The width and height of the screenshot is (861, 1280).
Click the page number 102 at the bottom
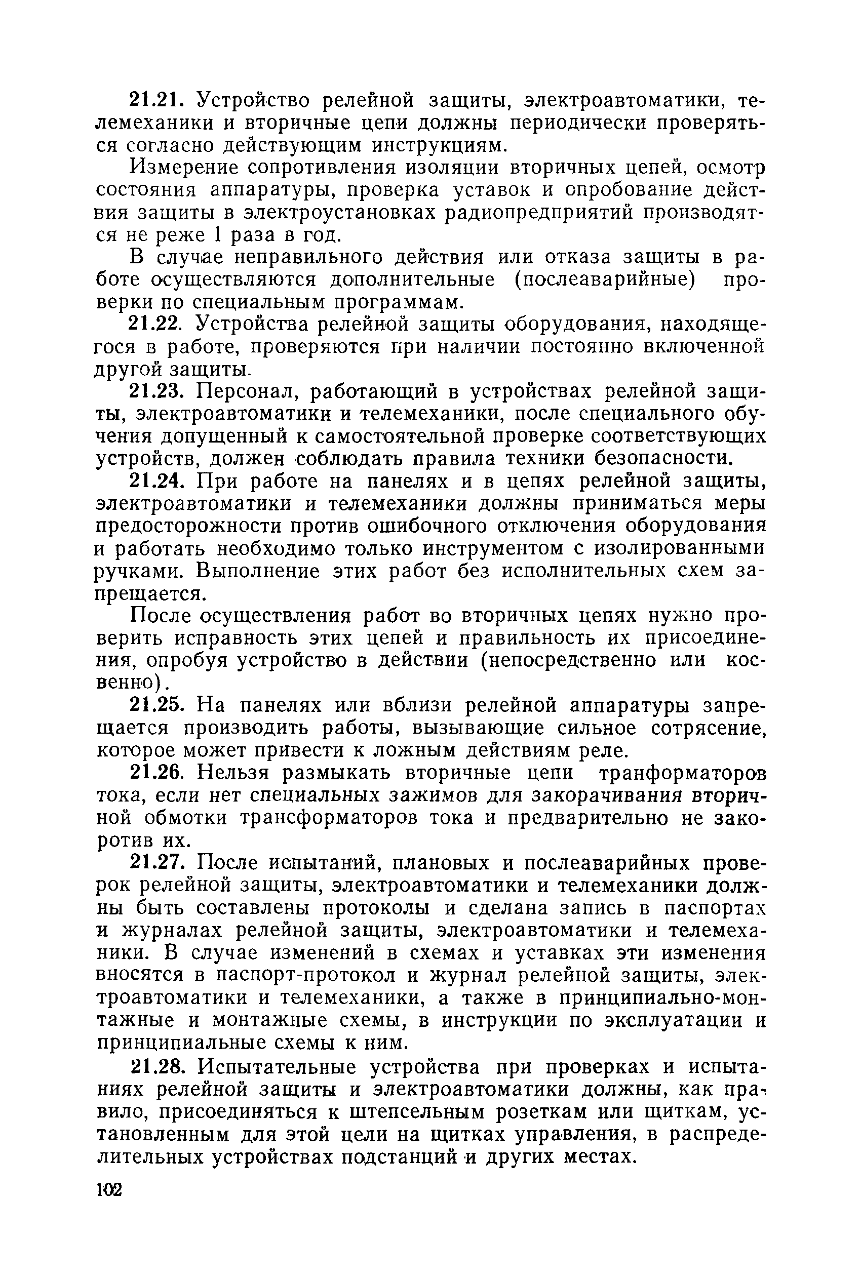(109, 1190)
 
